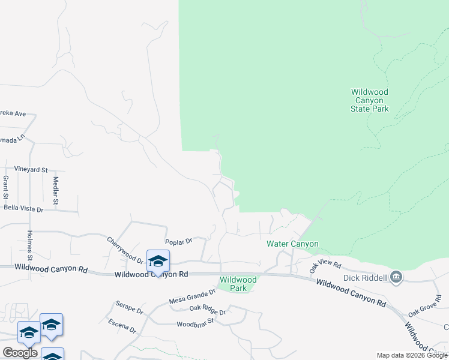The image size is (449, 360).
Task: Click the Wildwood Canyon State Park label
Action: click(x=370, y=101)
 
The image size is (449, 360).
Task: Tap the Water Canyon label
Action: click(x=292, y=244)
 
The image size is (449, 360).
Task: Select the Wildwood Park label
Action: click(x=238, y=284)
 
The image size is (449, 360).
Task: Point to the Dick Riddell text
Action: click(x=363, y=278)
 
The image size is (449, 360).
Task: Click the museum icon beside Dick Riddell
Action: click(x=396, y=277)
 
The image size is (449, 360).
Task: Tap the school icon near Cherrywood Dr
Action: click(x=158, y=261)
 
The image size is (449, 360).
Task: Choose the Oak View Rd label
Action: click(x=325, y=267)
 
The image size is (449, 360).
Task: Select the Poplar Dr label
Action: click(x=178, y=241)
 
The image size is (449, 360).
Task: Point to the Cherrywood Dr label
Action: click(x=125, y=251)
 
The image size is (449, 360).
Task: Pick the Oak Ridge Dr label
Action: click(x=207, y=311)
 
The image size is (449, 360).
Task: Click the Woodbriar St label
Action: click(x=196, y=325)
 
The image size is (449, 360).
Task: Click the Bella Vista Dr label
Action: click(x=24, y=209)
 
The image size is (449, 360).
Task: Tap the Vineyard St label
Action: click(x=31, y=170)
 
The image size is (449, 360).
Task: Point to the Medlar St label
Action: click(x=55, y=191)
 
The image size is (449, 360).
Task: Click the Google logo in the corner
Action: click(x=20, y=353)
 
